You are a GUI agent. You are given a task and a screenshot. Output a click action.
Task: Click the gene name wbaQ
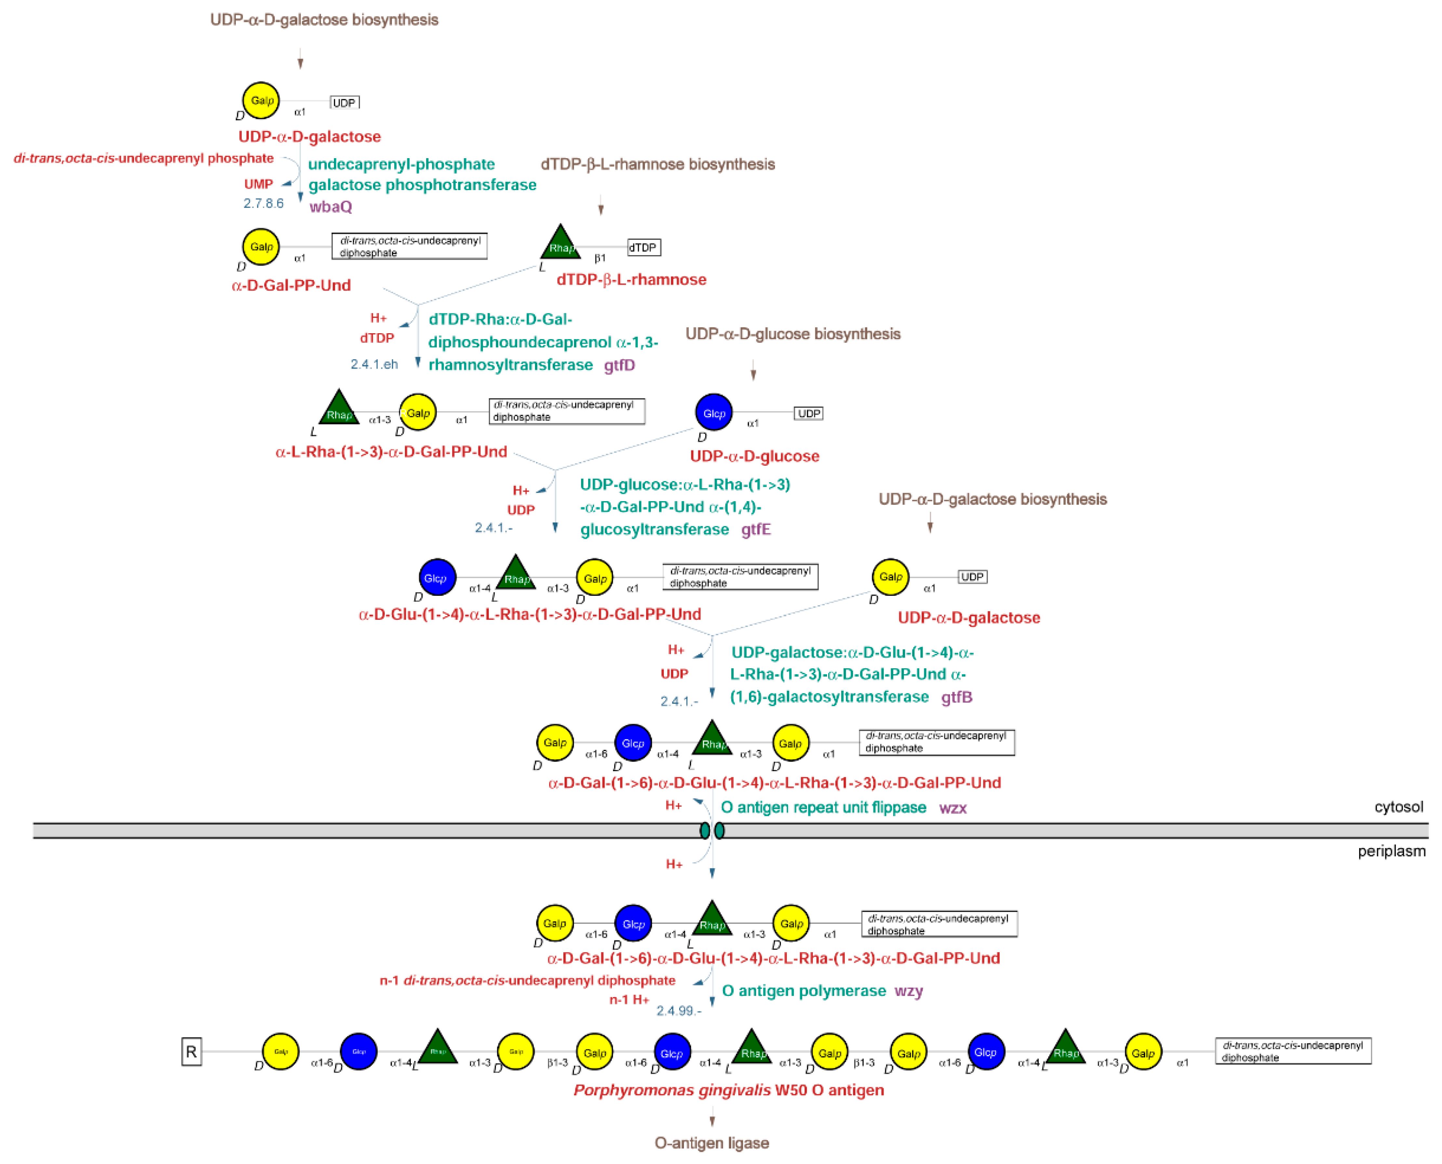[330, 207]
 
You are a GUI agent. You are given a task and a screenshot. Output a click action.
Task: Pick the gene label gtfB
[956, 697]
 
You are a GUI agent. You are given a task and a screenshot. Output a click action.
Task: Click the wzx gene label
[952, 808]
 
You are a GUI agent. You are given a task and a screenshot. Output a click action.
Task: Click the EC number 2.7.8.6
[263, 203]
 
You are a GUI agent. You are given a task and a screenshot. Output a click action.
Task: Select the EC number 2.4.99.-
[679, 1010]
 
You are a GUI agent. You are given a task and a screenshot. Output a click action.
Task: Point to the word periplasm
[1391, 852]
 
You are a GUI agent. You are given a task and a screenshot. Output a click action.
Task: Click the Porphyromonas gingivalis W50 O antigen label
[728, 1090]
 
